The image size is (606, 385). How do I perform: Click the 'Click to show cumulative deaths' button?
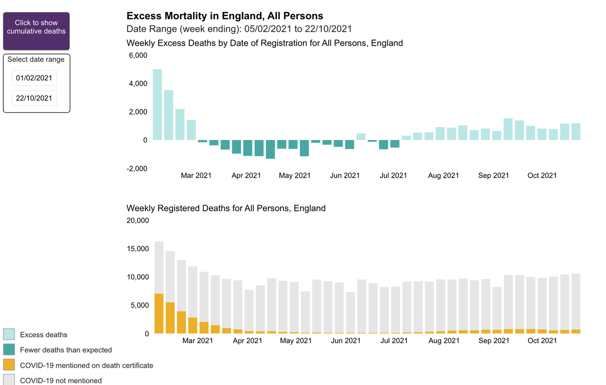tap(36, 31)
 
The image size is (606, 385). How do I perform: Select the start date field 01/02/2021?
tap(34, 78)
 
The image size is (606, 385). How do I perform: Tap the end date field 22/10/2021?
tap(34, 98)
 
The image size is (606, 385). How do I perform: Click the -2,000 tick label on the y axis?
tap(137, 168)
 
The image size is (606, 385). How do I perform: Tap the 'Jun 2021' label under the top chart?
tap(345, 176)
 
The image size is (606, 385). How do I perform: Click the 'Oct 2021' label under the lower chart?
tap(542, 341)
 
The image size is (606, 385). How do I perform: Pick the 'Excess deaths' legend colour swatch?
tap(9, 334)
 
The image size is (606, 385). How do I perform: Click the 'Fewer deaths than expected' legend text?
tap(66, 350)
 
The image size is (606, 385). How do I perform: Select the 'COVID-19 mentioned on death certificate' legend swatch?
tap(9, 365)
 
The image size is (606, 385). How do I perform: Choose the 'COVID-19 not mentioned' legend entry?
tap(61, 381)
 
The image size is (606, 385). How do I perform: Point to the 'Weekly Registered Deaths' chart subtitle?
tap(226, 208)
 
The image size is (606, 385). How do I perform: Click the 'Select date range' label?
tap(36, 60)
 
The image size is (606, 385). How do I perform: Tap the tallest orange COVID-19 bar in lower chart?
tap(159, 313)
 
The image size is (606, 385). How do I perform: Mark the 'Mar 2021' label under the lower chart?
tap(198, 341)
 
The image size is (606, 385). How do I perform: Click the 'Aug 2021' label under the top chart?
tap(443, 176)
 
